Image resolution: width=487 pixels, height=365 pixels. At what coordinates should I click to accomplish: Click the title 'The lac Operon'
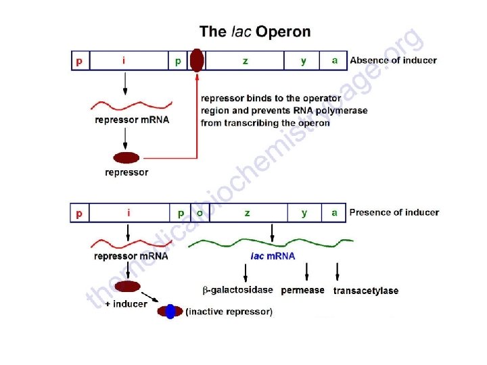tap(255, 32)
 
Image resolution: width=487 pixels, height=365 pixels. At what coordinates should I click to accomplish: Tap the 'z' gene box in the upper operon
tap(245, 60)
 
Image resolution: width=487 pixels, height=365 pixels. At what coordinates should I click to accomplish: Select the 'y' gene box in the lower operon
tap(304, 213)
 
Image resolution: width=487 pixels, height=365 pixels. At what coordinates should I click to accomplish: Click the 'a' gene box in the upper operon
tap(334, 60)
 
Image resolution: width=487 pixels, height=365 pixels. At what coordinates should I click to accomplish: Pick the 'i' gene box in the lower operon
tap(129, 213)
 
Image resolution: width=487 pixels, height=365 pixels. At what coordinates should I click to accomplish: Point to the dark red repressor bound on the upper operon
tap(196, 60)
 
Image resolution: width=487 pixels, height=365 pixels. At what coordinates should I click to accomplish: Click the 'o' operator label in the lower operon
tap(200, 213)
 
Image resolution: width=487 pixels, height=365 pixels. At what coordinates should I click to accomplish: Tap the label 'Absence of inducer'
tap(393, 60)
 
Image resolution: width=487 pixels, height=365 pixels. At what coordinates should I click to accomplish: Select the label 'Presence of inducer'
tap(394, 213)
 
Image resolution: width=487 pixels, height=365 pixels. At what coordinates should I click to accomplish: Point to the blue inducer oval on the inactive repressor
tap(170, 312)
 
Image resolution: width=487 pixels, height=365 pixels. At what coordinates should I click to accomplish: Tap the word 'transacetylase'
tap(366, 291)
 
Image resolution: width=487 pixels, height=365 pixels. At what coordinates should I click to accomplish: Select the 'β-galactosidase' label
tap(238, 291)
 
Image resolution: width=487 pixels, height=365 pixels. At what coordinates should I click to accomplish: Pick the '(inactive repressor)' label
tap(229, 312)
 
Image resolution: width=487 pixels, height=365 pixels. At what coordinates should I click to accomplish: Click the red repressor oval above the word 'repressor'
tap(126, 158)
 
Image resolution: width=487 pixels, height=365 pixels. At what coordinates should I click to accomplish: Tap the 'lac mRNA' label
tap(273, 256)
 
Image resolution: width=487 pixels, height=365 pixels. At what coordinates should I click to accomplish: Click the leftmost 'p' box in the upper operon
tap(80, 60)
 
